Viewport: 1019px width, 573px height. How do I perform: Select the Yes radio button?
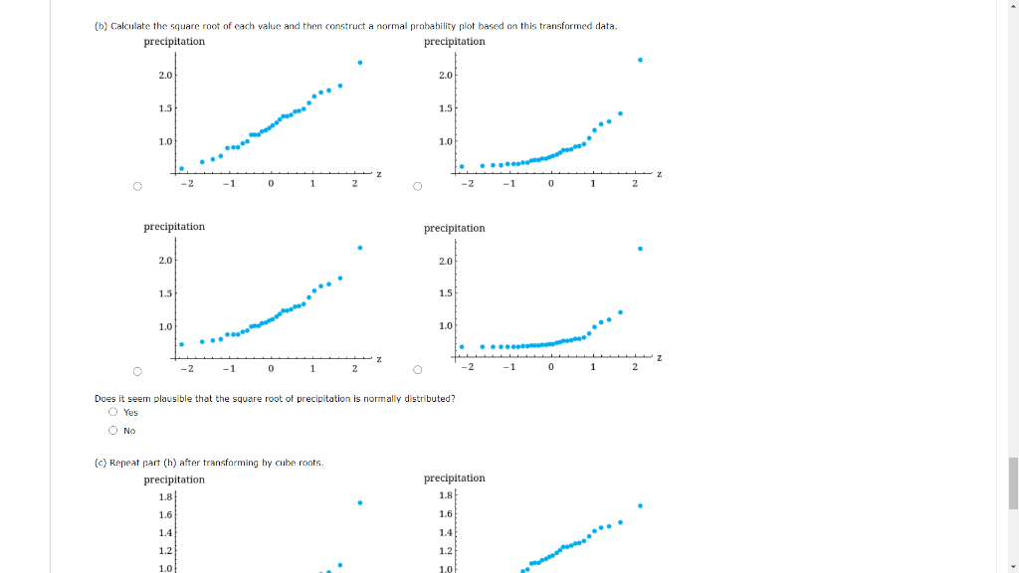coord(113,413)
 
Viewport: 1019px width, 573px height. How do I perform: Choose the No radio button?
coord(113,431)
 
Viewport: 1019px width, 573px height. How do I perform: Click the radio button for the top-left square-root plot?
coord(137,186)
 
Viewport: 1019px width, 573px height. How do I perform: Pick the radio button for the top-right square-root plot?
coord(418,186)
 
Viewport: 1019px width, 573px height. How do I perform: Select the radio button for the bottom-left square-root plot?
coord(137,372)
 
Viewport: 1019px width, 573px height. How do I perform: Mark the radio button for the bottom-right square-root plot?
coord(418,372)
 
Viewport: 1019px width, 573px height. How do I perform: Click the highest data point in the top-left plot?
coord(360,63)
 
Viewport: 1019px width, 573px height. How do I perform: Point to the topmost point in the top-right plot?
coord(640,60)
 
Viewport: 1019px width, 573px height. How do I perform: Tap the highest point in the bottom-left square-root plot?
coord(360,248)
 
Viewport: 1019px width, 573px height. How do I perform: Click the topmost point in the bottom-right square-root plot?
coord(640,249)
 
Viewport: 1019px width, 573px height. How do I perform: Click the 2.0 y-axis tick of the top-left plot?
coord(165,76)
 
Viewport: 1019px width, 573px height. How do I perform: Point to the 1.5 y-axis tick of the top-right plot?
coord(445,108)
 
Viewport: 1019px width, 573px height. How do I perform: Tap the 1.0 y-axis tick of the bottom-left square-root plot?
coord(165,326)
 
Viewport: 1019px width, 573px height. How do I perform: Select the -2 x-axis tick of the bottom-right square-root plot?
coord(466,368)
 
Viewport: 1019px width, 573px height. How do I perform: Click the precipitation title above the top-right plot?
coord(455,42)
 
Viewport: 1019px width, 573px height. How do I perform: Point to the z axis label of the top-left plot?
coord(379,175)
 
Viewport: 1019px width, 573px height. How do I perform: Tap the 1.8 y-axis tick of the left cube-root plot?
coord(165,496)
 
